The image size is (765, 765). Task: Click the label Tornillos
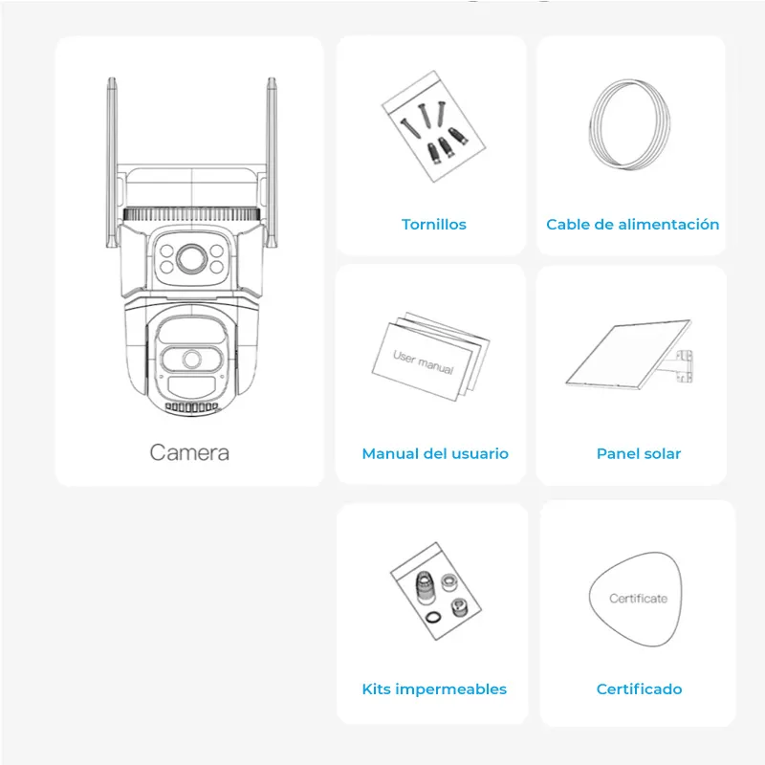click(x=433, y=225)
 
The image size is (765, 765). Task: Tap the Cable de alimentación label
click(x=632, y=225)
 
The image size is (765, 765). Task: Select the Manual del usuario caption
click(x=435, y=453)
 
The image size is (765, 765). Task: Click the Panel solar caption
click(x=638, y=453)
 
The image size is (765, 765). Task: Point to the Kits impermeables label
click(x=434, y=688)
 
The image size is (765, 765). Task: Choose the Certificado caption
click(x=639, y=688)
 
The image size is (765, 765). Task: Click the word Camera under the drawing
click(x=189, y=451)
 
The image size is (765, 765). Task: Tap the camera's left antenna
click(x=110, y=153)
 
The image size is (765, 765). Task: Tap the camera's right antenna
click(x=272, y=153)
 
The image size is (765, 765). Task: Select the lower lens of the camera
click(x=192, y=360)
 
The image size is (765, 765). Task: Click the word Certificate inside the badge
click(x=638, y=599)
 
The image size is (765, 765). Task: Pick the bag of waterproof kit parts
click(x=435, y=589)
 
